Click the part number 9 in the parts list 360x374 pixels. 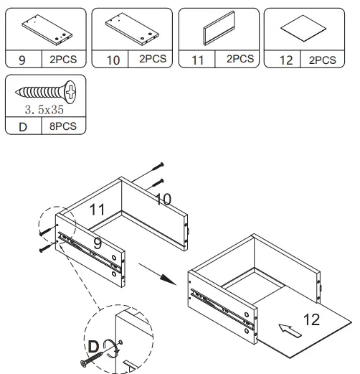[22, 60]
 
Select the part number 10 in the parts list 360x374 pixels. [113, 60]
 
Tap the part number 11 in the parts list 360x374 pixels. [197, 60]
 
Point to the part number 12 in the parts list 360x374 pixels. [285, 60]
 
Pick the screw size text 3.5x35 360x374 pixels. [45, 111]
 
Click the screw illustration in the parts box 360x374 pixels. [45, 92]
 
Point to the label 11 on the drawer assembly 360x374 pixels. [98, 210]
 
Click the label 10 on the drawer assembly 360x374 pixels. [163, 199]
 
